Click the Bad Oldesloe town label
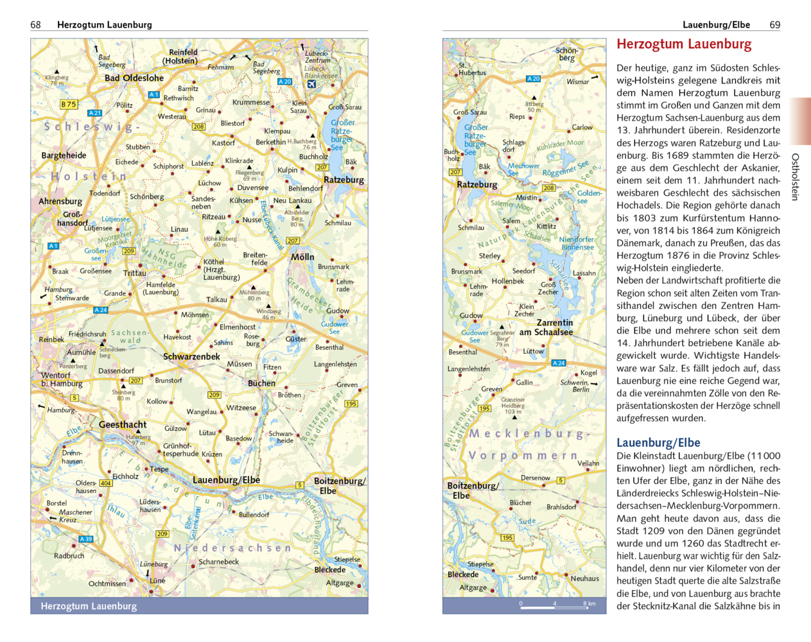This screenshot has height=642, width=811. pyautogui.click(x=134, y=78)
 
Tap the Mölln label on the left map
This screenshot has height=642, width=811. pyautogui.click(x=302, y=257)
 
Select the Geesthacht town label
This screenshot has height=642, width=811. pyautogui.click(x=123, y=424)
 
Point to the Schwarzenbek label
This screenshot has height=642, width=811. pyautogui.click(x=191, y=356)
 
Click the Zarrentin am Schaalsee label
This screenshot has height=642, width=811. pyautogui.click(x=546, y=327)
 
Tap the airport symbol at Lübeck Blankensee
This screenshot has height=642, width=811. pyautogui.click(x=312, y=84)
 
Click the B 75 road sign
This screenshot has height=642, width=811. pyautogui.click(x=69, y=104)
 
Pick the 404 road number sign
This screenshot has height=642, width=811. pyautogui.click(x=105, y=483)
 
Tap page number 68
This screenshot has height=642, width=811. pyautogui.click(x=35, y=24)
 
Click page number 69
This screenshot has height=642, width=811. pyautogui.click(x=774, y=24)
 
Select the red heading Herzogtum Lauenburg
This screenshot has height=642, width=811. pyautogui.click(x=684, y=44)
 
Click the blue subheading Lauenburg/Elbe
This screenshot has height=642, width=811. pyautogui.click(x=658, y=442)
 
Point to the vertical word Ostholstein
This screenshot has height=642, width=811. pyautogui.click(x=795, y=177)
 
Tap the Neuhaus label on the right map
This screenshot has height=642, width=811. pyautogui.click(x=584, y=578)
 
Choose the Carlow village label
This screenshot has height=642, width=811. pyautogui.click(x=582, y=127)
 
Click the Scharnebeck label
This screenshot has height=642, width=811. pyautogui.click(x=218, y=562)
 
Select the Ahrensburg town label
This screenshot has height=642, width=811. pyautogui.click(x=60, y=201)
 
